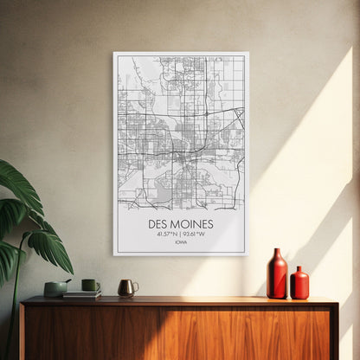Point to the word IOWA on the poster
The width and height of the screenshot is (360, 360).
click(x=180, y=242)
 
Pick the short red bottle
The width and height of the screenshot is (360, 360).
click(x=299, y=284)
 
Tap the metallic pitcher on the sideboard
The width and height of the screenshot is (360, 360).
click(x=126, y=287)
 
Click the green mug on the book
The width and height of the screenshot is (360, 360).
click(x=89, y=285)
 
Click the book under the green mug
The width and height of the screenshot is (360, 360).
click(x=82, y=294)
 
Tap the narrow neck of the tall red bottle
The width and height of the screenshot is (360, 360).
click(x=277, y=254)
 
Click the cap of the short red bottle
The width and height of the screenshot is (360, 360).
click(x=299, y=270)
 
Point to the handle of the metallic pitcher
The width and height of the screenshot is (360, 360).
click(x=134, y=286)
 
